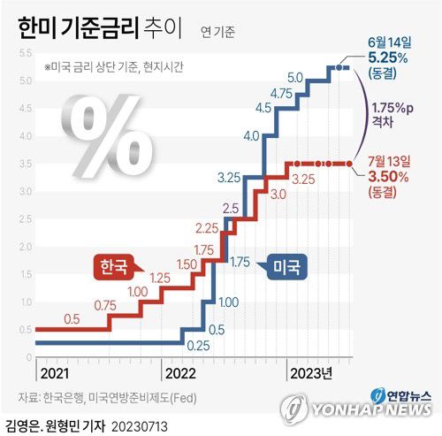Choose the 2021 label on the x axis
click(54, 372)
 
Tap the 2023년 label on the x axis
click(311, 372)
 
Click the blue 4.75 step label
click(282, 94)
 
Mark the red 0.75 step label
click(105, 306)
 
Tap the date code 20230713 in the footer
click(140, 426)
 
